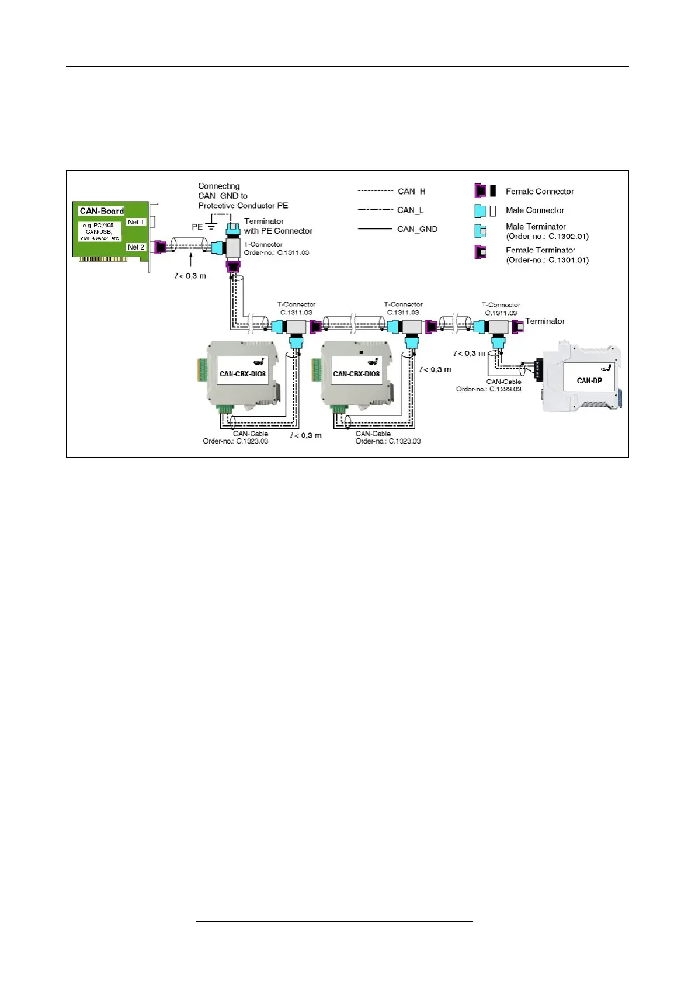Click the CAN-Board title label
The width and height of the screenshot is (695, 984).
pos(102,211)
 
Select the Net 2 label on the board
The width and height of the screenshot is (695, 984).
pos(135,247)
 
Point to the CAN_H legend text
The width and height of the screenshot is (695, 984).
pos(411,192)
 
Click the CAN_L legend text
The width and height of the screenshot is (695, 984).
pos(410,210)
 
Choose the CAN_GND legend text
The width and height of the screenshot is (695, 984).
pos(417,229)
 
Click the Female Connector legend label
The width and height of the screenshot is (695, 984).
pos(540,192)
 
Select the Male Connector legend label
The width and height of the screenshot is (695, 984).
pos(534,210)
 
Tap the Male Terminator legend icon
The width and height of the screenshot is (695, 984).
pos(481,231)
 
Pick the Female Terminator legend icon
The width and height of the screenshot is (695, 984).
pos(481,252)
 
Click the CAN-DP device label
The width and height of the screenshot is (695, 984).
pos(589,380)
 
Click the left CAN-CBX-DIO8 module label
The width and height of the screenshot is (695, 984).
pos(242,374)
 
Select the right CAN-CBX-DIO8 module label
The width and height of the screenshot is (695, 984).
pos(356,374)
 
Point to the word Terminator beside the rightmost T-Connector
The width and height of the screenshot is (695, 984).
pos(544,321)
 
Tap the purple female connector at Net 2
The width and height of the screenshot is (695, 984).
pos(160,247)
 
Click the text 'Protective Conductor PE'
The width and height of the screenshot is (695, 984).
pos(243,206)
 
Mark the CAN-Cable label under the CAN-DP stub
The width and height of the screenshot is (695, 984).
pos(503,382)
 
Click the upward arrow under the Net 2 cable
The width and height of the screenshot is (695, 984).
pos(190,261)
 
